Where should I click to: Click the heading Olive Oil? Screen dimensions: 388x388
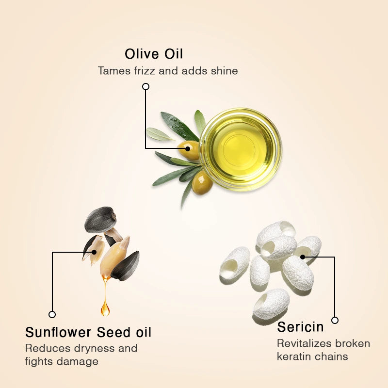(154, 54)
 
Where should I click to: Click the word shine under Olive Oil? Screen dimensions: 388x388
(224, 71)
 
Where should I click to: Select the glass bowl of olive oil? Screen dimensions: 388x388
(240, 149)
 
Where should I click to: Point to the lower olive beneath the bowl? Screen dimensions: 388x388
(202, 183)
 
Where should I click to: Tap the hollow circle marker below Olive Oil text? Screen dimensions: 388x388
(146, 87)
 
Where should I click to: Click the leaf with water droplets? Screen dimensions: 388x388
(179, 126)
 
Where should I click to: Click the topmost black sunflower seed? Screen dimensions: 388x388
(100, 220)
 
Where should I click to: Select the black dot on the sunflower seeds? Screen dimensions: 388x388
(94, 252)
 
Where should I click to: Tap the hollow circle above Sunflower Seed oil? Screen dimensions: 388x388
(52, 314)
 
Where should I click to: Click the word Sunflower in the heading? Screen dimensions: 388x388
(58, 332)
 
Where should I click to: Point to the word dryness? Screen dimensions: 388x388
(94, 349)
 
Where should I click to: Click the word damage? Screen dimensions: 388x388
(78, 362)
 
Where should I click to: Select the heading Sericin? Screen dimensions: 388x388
(300, 326)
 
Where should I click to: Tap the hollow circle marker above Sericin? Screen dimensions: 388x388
(335, 321)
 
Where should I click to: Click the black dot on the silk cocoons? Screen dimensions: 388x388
(303, 257)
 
